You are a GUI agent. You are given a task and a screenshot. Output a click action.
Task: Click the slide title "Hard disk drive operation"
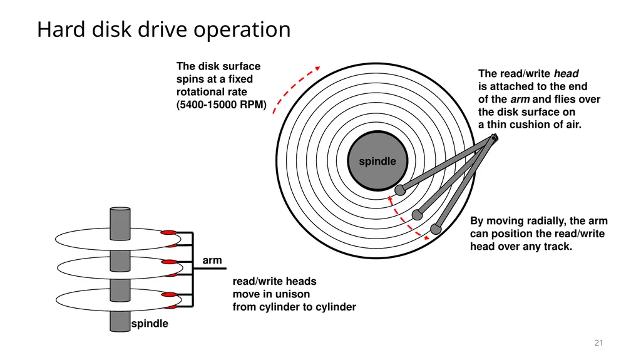pyautogui.click(x=163, y=30)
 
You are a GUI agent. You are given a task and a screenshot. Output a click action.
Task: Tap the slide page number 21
pyautogui.click(x=598, y=343)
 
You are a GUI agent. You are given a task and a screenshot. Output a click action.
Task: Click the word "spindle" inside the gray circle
pyautogui.click(x=377, y=162)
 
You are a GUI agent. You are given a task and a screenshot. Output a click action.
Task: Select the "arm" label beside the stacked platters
pyautogui.click(x=212, y=260)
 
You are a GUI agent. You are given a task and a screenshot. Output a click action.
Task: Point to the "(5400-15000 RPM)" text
pyautogui.click(x=221, y=105)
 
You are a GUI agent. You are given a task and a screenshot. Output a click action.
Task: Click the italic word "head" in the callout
pyautogui.click(x=566, y=74)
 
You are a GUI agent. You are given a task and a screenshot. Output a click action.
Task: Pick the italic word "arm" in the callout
pyautogui.click(x=520, y=100)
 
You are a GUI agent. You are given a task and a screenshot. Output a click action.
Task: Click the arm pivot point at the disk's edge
pyautogui.click(x=494, y=138)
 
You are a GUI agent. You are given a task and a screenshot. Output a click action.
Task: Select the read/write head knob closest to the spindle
pyautogui.click(x=400, y=190)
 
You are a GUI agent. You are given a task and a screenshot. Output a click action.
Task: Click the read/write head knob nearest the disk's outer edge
pyautogui.click(x=436, y=229)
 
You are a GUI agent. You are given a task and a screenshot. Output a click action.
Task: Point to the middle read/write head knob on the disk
pyautogui.click(x=417, y=214)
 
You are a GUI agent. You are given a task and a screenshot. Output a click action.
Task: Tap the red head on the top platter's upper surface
pyautogui.click(x=168, y=233)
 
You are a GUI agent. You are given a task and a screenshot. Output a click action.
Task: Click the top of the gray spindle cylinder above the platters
pyautogui.click(x=120, y=209)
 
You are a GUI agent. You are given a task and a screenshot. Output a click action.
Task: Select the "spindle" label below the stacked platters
pyautogui.click(x=150, y=324)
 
